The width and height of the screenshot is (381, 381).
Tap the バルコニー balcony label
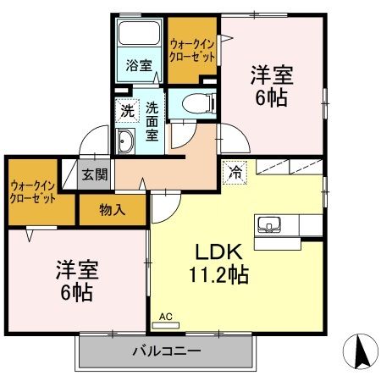165,351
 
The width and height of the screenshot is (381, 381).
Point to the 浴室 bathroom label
137,64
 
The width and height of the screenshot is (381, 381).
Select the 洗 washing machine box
126,109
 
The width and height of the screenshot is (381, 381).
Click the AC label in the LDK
165,317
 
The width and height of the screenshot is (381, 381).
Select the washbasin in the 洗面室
125,142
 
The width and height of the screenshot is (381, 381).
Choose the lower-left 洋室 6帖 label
75,282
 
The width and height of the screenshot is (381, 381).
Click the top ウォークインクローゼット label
192,48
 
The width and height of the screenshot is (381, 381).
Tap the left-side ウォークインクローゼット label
33,190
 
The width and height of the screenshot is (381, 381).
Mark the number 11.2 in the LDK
210,275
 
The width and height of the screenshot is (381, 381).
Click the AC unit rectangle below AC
164,325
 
